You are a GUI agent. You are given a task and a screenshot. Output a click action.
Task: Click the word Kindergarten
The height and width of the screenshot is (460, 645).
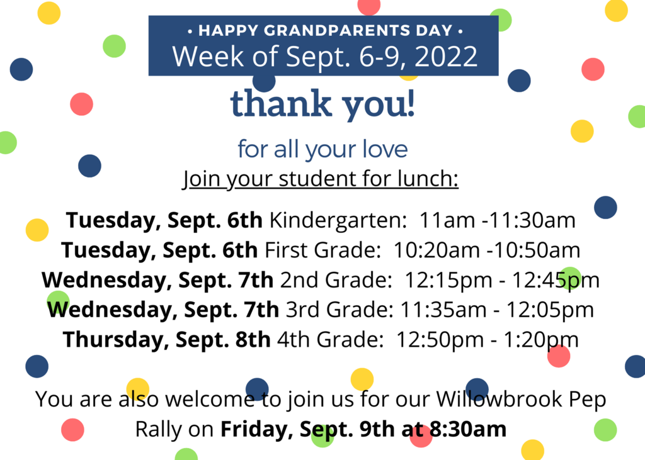338,220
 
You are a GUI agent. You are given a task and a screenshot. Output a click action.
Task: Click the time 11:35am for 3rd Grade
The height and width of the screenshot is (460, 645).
443,310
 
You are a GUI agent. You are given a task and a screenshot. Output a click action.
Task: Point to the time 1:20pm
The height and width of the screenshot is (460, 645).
540,340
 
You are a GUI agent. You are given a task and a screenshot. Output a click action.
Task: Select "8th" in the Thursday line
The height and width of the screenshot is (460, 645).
253,340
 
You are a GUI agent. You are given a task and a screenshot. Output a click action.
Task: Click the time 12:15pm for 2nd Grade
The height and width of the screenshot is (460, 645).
448,280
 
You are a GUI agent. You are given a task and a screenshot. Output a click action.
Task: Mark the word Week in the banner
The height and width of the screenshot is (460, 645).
208,56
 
